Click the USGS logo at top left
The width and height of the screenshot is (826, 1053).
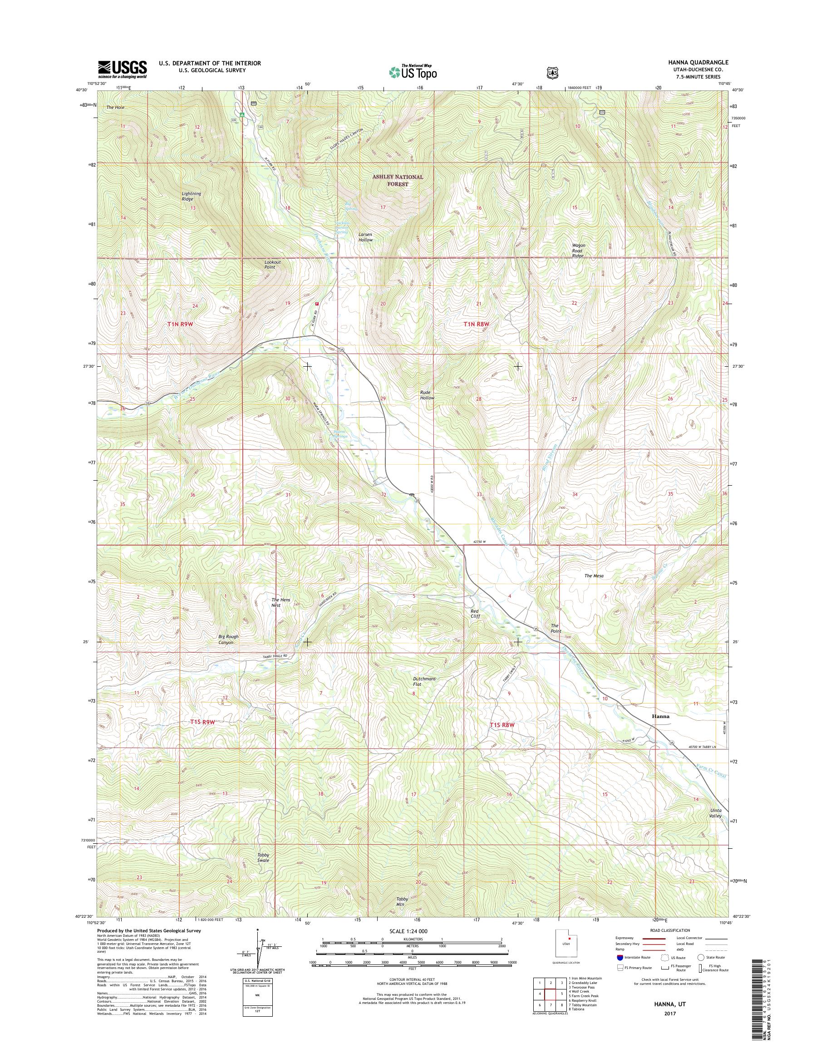pos(123,69)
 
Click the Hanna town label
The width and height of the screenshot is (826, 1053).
pos(661,716)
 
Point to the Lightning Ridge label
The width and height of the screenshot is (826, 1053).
pos(191,197)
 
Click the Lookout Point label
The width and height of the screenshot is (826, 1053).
pos(272,265)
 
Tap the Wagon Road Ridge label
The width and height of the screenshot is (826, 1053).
pos(578,250)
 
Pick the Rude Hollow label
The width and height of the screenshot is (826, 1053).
pos(427,395)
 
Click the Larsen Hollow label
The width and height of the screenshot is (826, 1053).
pos(366,237)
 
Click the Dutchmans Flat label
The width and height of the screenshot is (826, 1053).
pos(424,682)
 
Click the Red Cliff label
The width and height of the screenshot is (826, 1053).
pos(475,614)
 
